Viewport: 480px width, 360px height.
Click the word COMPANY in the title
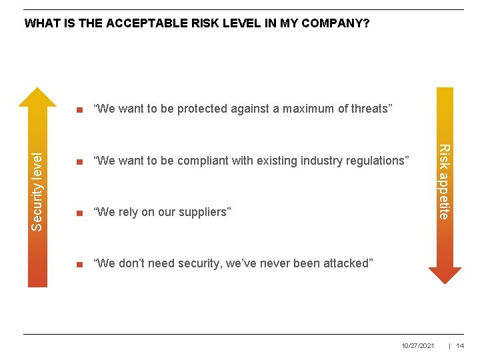tap(336, 24)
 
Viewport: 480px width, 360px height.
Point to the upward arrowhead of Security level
tap(37, 97)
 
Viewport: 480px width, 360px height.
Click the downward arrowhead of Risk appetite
tap(445, 275)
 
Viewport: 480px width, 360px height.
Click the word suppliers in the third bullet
tap(205, 212)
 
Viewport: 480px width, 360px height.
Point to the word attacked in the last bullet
tap(347, 263)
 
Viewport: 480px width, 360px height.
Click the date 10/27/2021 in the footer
tap(418, 345)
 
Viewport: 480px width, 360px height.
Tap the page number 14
tap(460, 345)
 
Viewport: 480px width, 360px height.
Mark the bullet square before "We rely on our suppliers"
tap(79, 213)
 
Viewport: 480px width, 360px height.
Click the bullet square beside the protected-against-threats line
tap(79, 109)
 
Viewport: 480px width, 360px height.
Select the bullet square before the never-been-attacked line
tap(79, 264)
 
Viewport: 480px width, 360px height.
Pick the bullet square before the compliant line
tap(79, 161)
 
